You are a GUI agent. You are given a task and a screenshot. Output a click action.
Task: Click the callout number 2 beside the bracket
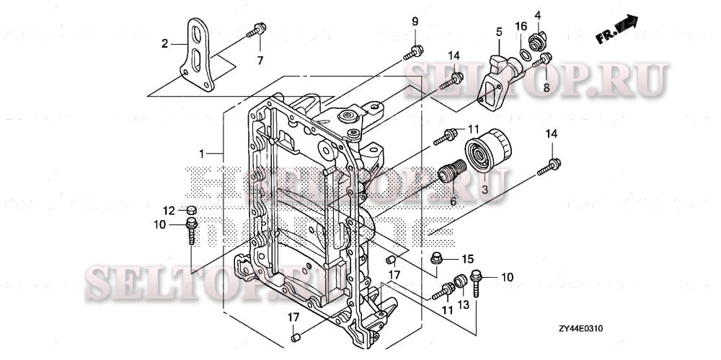pyautogui.click(x=164, y=43)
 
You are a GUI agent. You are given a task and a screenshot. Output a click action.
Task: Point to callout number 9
pyautogui.click(x=415, y=20)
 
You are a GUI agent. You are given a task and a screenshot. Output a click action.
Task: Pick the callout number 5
pyautogui.click(x=497, y=32)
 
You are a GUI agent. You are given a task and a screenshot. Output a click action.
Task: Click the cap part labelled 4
pyautogui.click(x=536, y=38)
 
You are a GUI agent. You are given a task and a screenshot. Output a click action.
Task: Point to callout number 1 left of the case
pyautogui.click(x=203, y=153)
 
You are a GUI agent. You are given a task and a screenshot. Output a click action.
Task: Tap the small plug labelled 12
pyautogui.click(x=192, y=210)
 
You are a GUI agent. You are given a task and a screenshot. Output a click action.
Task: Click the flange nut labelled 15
pyautogui.click(x=438, y=258)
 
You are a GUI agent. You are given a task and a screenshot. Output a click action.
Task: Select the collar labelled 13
pyautogui.click(x=458, y=281)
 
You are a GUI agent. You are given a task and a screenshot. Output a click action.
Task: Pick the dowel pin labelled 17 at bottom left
pyautogui.click(x=295, y=336)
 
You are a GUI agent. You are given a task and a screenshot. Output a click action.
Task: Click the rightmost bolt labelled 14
pyautogui.click(x=549, y=167)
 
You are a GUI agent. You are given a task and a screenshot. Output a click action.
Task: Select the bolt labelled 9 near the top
pyautogui.click(x=415, y=51)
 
